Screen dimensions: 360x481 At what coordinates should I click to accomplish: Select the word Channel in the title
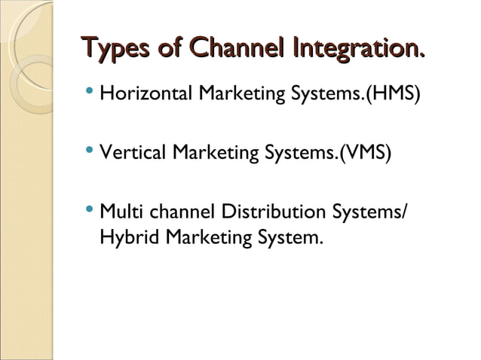tap(234, 50)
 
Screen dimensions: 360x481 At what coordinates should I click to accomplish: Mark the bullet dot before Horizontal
tap(90, 96)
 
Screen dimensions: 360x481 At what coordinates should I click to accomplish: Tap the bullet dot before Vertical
tap(90, 153)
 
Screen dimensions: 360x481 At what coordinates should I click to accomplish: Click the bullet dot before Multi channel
tap(90, 210)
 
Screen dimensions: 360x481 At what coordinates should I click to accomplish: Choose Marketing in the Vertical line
tap(215, 154)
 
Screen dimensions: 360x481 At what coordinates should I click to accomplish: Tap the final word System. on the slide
tap(293, 240)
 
